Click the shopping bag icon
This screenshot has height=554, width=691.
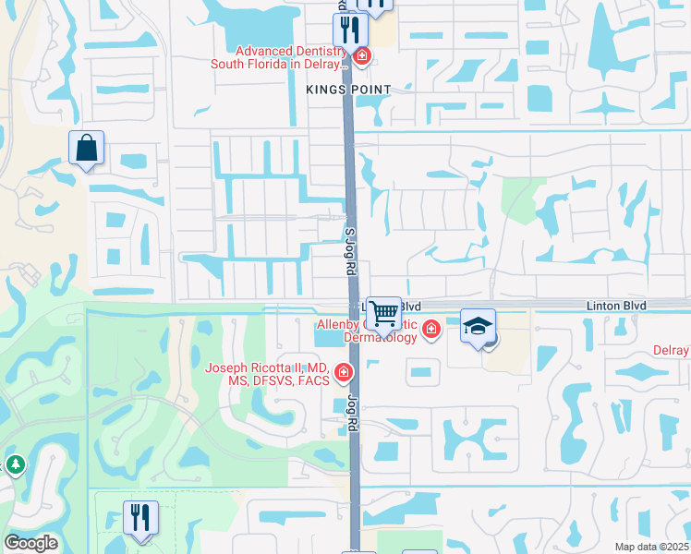[86, 148]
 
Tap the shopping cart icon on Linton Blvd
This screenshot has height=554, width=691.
[383, 313]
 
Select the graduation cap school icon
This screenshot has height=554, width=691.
[478, 326]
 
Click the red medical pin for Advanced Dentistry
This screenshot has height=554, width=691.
[362, 56]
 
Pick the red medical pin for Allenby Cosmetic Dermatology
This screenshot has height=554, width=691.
[430, 329]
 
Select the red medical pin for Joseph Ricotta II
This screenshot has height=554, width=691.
[344, 373]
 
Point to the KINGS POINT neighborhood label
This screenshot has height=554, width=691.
[349, 90]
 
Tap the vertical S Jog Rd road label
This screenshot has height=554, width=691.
[350, 253]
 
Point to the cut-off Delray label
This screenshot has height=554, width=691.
[673, 351]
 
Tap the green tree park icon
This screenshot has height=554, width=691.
[15, 464]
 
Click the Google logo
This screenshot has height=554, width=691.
[31, 543]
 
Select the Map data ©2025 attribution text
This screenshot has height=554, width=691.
[652, 547]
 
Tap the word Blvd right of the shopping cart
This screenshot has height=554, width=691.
[411, 306]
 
